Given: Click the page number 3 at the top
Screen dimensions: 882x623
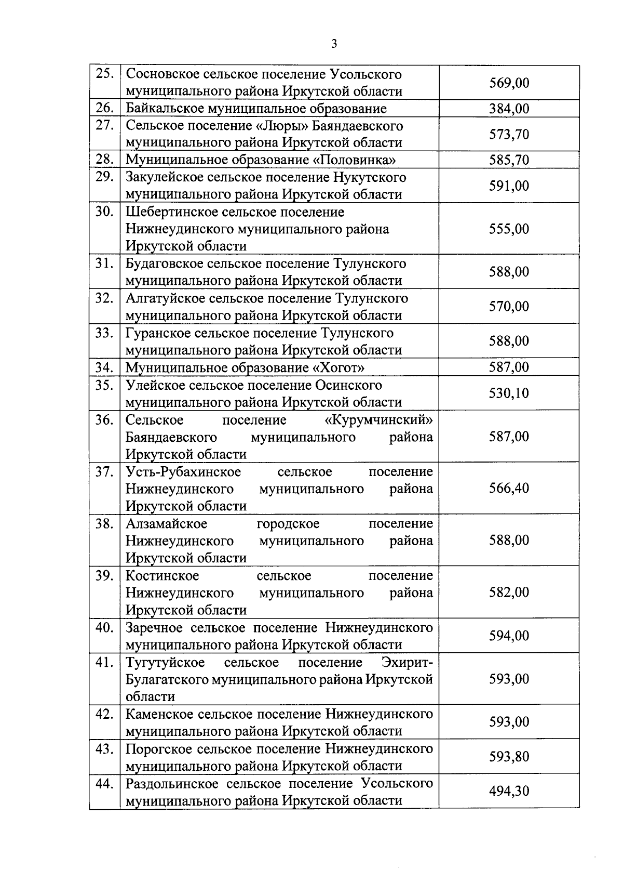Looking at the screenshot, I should click(334, 44).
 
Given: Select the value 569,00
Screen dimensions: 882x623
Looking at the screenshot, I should click(509, 83).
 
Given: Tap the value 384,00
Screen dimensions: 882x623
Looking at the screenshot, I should click(509, 109).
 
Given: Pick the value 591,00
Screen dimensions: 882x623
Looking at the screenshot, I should click(509, 186).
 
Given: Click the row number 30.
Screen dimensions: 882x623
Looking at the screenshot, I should click(105, 212).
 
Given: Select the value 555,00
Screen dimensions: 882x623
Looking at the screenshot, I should click(509, 229).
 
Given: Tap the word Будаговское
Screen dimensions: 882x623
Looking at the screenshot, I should click(162, 264).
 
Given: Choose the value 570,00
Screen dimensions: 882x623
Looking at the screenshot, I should click(509, 306).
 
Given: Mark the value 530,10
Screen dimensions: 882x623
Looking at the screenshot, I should click(509, 393).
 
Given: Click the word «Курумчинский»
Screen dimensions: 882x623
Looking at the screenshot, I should click(377, 419).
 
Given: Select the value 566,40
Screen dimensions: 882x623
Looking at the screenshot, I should click(509, 488).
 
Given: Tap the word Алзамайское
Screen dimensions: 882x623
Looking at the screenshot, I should click(166, 523).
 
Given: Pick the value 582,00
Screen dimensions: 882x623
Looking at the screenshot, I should click(509, 593).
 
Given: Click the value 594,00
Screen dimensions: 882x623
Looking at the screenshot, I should click(509, 636).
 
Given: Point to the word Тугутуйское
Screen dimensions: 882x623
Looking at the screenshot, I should click(165, 663).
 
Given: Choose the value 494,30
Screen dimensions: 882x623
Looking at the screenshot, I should click(509, 791).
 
